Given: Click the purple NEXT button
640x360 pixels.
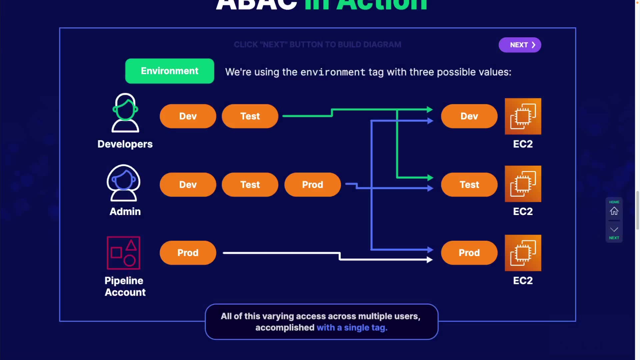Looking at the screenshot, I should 520,45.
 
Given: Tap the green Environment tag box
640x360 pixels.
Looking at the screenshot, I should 169,71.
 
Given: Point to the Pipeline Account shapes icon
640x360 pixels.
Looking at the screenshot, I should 123,253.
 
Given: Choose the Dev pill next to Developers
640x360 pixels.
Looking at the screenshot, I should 188,116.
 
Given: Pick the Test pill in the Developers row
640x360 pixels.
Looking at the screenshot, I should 250,116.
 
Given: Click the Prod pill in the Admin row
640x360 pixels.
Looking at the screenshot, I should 312,184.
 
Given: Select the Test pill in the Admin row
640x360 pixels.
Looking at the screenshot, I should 250,184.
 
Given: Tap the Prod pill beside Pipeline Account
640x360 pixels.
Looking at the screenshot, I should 188,253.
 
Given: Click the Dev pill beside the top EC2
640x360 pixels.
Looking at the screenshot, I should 469,116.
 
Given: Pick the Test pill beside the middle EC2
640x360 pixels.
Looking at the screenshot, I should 469,184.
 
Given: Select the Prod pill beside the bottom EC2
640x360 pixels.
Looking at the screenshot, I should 469,253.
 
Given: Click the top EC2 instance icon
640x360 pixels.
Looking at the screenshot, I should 523,116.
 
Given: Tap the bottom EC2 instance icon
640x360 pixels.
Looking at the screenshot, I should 523,253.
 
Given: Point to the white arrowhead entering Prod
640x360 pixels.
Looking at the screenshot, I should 430,259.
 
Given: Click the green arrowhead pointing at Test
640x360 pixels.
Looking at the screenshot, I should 430,178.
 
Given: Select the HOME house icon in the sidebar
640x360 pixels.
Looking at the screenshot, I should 614,211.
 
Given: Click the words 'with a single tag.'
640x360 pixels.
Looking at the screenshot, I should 352,328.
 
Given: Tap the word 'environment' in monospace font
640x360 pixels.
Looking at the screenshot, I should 333,72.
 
